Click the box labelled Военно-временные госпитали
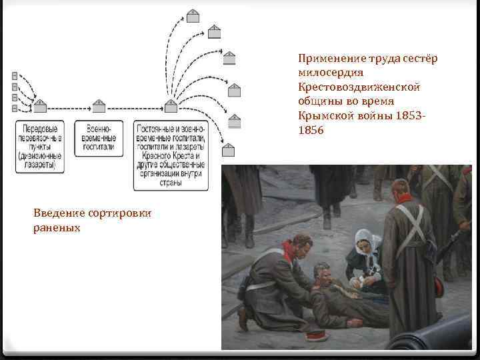(x=99, y=138)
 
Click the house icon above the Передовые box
(x=40, y=105)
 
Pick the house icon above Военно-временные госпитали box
(x=99, y=105)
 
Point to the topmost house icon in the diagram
(x=193, y=15)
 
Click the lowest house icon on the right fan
(x=229, y=149)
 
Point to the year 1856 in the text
(x=311, y=131)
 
